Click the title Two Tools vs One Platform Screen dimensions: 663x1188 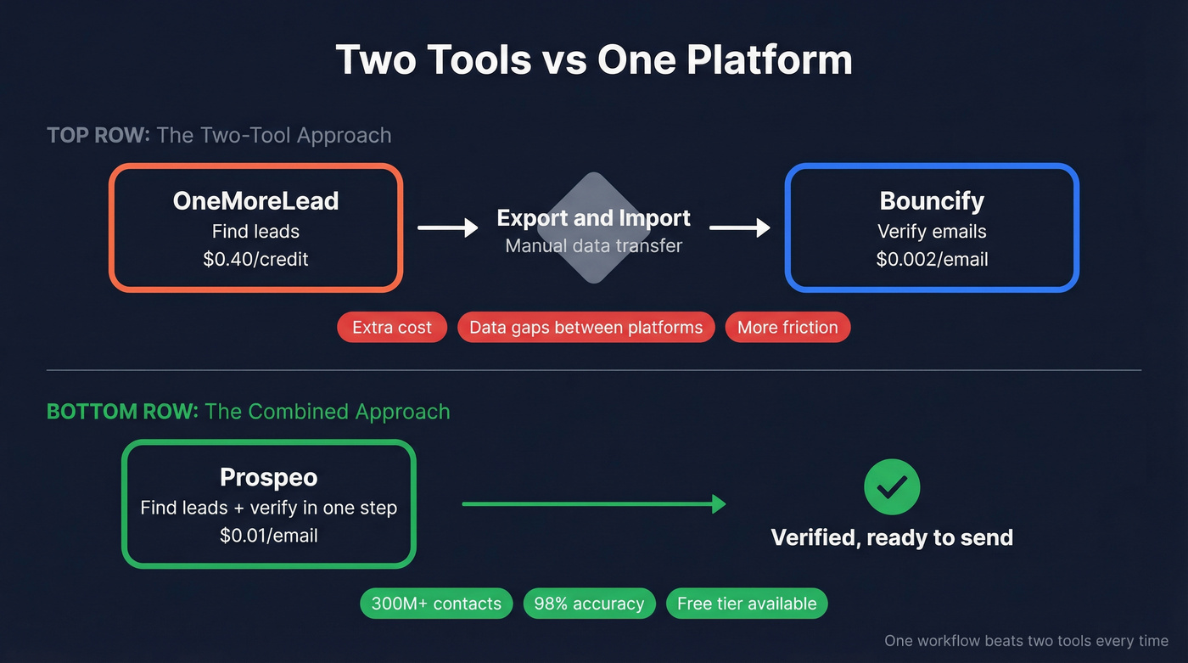click(594, 60)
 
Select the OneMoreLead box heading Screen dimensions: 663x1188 click(255, 201)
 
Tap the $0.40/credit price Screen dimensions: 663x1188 click(255, 259)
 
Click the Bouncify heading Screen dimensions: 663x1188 click(932, 201)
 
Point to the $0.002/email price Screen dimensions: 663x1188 click(932, 259)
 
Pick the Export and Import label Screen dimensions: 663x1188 click(593, 218)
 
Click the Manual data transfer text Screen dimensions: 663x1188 click(593, 246)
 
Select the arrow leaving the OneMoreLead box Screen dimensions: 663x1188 click(447, 228)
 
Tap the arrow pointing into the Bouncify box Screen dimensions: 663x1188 click(739, 228)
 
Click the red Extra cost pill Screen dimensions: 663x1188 click(392, 328)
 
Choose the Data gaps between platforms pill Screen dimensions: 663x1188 click(586, 328)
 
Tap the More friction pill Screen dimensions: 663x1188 click(787, 328)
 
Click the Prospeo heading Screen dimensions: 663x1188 click(268, 478)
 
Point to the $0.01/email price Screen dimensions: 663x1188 click(268, 536)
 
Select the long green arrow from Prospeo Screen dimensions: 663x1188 click(593, 504)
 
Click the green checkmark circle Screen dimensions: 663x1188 click(892, 487)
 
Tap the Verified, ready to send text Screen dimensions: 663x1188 click(892, 537)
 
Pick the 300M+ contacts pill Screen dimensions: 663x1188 click(436, 604)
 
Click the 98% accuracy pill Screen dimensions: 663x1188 click(589, 604)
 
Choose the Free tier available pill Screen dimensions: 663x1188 click(747, 604)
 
